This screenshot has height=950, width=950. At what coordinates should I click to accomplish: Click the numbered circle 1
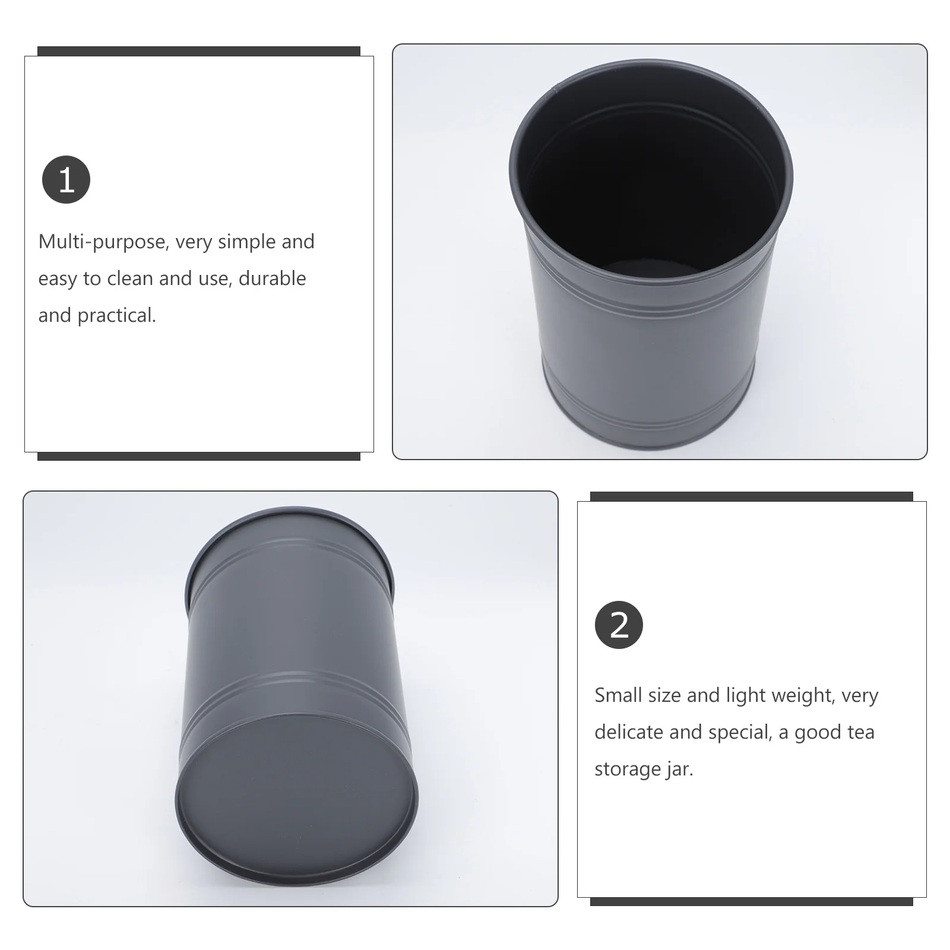pyautogui.click(x=66, y=179)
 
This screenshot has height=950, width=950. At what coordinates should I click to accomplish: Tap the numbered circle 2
pyautogui.click(x=619, y=625)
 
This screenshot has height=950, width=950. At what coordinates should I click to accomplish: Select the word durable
pyautogui.click(x=272, y=278)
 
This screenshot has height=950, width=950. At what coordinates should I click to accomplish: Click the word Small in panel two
pyautogui.click(x=618, y=695)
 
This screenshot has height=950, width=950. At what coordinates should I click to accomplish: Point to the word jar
pyautogui.click(x=680, y=769)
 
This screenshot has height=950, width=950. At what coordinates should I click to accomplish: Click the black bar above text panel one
pyautogui.click(x=198, y=51)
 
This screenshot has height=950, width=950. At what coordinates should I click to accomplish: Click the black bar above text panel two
pyautogui.click(x=751, y=496)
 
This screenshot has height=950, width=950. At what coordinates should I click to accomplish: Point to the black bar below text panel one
pyautogui.click(x=198, y=456)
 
